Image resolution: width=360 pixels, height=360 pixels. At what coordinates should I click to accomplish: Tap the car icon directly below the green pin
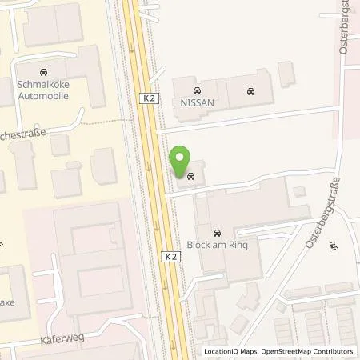190,176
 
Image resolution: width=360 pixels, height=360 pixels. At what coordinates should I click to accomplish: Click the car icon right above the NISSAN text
198,90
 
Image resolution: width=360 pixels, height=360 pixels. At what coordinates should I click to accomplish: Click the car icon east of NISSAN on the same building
250,90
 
